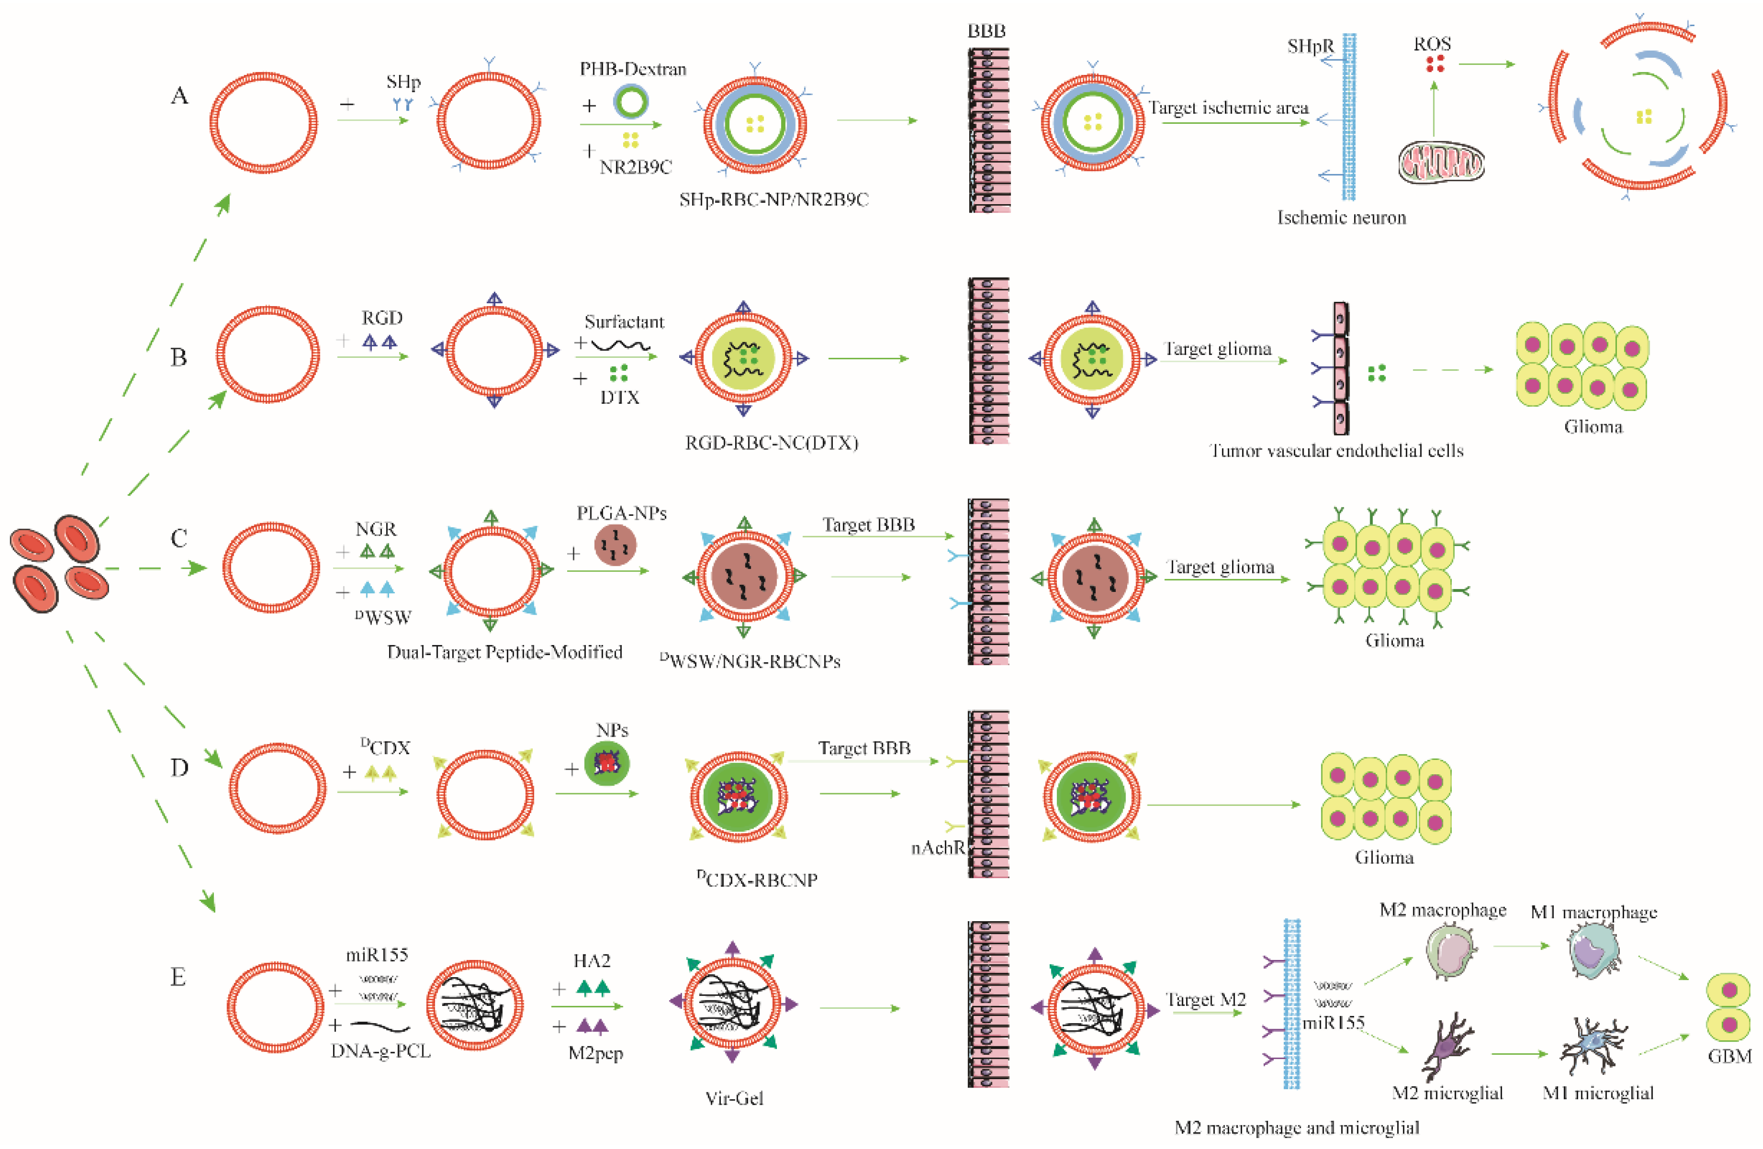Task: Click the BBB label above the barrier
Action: tap(987, 31)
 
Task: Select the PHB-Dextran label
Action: tap(632, 69)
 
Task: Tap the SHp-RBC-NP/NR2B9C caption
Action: tap(773, 200)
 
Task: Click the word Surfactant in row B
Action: tap(624, 322)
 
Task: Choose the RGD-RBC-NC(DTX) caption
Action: tap(771, 443)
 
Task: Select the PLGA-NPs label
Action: tap(621, 513)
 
